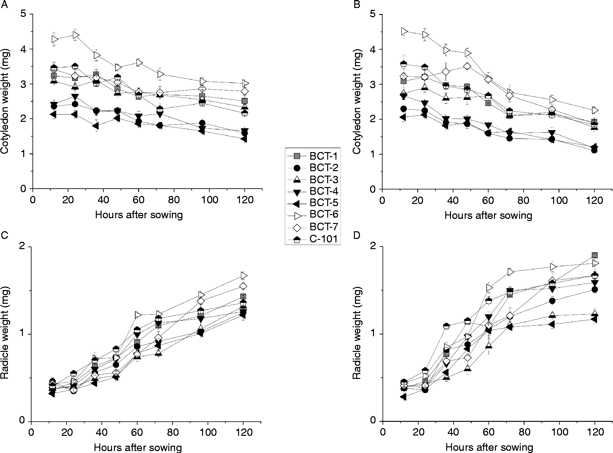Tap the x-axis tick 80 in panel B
pyautogui.click(x=524, y=200)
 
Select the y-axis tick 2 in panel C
pyautogui.click(x=23, y=247)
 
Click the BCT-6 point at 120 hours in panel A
pyautogui.click(x=245, y=83)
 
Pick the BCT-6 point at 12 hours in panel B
pyautogui.click(x=404, y=31)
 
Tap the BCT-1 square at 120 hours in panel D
pyautogui.click(x=594, y=255)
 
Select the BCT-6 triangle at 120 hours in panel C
pyautogui.click(x=244, y=275)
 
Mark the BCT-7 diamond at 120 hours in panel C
pyautogui.click(x=243, y=286)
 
